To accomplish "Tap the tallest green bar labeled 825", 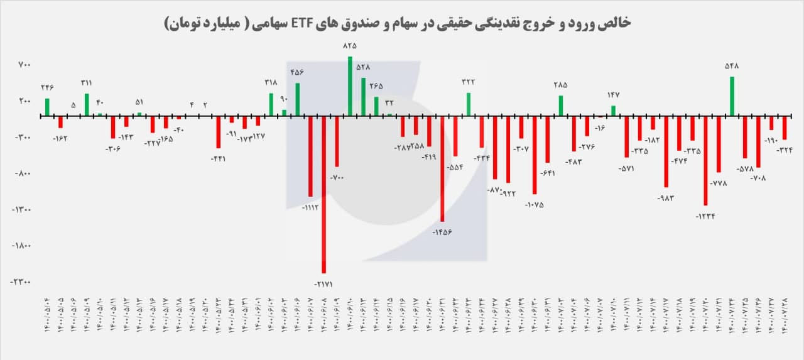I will coord(350,86).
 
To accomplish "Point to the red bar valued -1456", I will coord(442,168).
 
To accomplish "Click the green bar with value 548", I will coord(732,96).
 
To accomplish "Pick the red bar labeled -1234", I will coord(705,160).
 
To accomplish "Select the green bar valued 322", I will coord(469,104).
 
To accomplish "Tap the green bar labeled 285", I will coord(561,106).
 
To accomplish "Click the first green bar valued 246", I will coord(47,107).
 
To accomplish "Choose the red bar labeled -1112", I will coord(310,156).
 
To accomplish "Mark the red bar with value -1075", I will coord(535,155).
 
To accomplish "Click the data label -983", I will coord(666,199).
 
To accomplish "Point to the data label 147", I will coord(614,95).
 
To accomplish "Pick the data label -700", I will coord(337,178).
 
